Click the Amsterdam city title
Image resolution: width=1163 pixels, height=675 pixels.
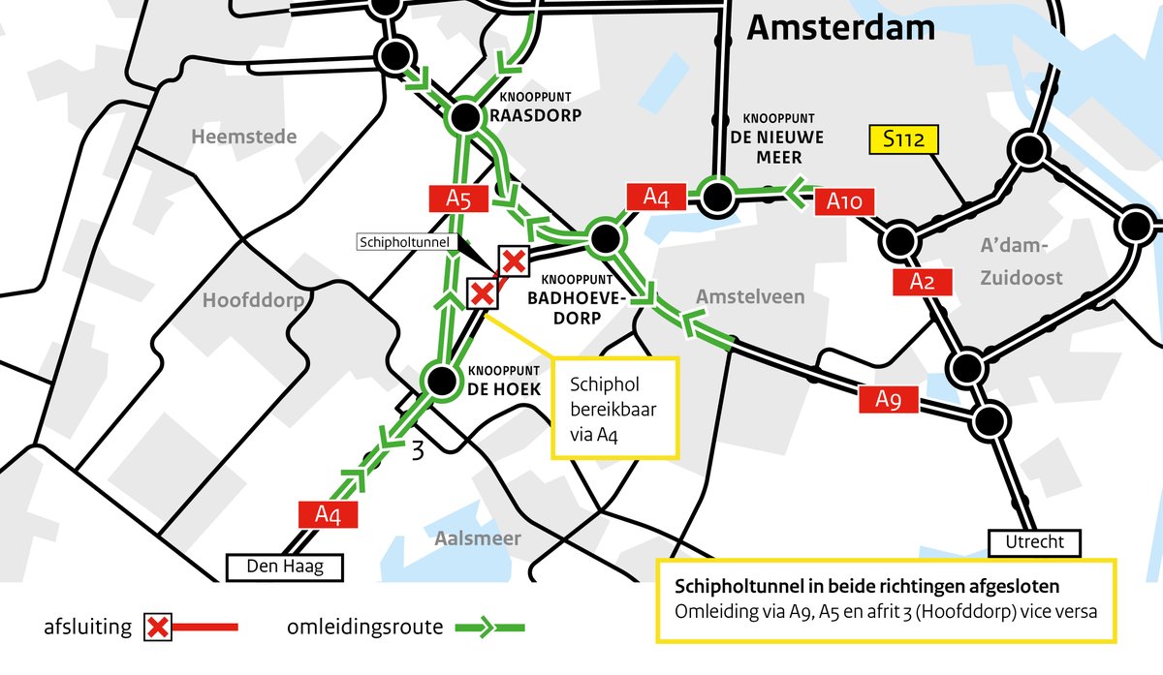tap(840, 28)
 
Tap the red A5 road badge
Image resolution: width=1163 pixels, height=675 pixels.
tap(457, 199)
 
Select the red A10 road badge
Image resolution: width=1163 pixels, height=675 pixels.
tap(851, 202)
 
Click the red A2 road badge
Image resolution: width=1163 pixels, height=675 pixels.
tap(922, 282)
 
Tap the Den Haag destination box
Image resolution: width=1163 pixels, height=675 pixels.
tap(285, 567)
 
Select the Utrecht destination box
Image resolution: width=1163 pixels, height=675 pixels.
tap(1033, 542)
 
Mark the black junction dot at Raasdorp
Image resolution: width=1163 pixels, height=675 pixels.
tap(463, 118)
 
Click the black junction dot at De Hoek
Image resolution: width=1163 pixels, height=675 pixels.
tap(441, 382)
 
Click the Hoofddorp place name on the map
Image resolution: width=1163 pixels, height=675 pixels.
tap(253, 301)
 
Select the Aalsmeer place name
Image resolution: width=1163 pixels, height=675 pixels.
tap(478, 538)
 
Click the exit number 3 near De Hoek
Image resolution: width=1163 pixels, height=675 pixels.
tap(418, 451)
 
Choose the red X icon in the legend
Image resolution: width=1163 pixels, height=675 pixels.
tap(159, 628)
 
